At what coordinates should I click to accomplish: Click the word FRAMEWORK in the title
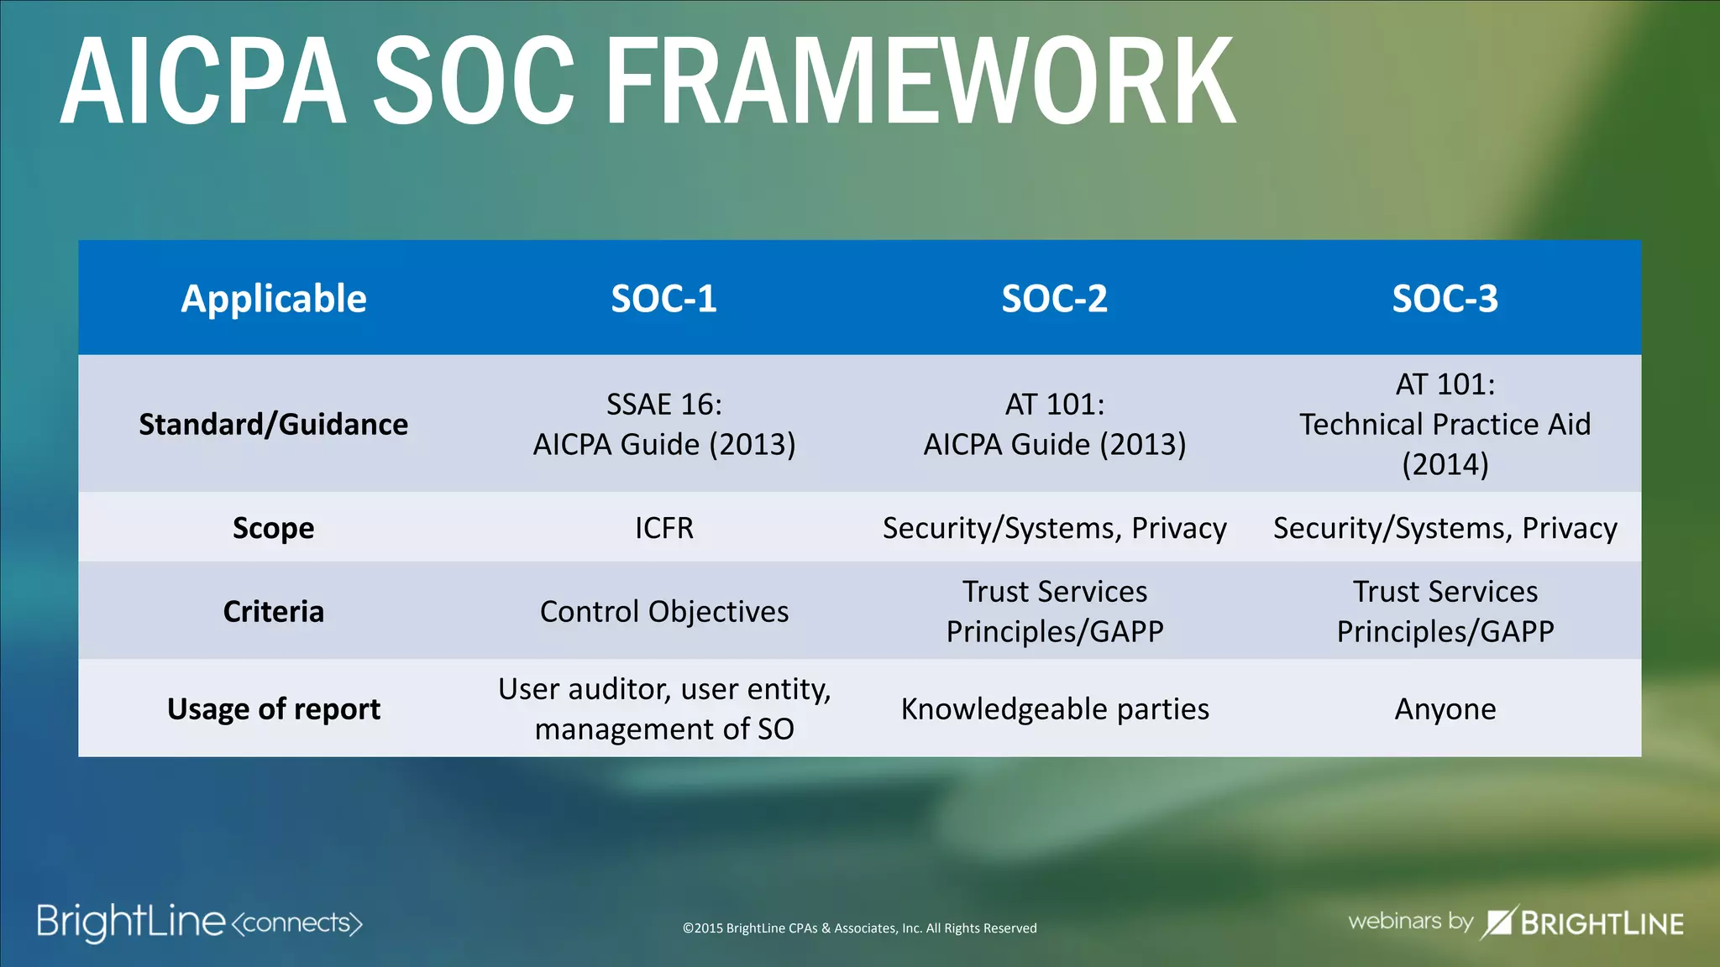(920, 81)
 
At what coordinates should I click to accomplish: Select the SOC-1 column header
(663, 299)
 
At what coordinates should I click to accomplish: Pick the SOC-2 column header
(1054, 299)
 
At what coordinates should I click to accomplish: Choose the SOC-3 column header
(1445, 299)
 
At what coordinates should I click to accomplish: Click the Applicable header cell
(274, 299)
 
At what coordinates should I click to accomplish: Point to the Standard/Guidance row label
(274, 424)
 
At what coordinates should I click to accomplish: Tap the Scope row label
(274, 528)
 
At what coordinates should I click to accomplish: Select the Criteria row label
(274, 611)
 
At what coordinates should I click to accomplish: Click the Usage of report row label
(274, 709)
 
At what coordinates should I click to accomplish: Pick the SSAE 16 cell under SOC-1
(663, 424)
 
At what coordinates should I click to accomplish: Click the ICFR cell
(663, 528)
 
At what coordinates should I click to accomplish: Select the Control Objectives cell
(663, 611)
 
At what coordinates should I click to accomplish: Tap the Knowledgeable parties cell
(1054, 709)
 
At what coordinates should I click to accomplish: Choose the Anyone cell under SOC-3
(1445, 709)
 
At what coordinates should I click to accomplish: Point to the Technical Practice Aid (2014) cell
(1445, 424)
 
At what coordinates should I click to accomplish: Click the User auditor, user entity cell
(663, 709)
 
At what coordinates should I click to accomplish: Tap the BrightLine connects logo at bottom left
(199, 922)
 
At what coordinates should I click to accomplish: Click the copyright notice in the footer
(859, 928)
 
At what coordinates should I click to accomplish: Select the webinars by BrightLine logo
(1515, 923)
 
